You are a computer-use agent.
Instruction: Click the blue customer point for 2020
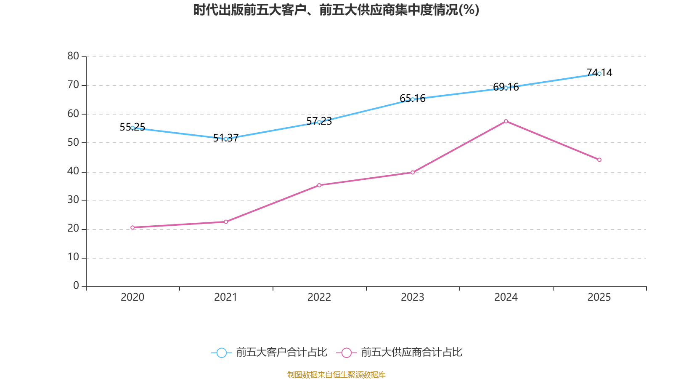click(132, 128)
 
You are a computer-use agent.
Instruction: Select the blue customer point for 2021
click(226, 139)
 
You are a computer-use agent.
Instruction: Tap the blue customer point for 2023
click(413, 99)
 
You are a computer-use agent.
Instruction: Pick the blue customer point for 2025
click(599, 74)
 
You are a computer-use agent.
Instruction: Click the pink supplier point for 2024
click(506, 121)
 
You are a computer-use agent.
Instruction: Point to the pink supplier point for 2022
click(319, 185)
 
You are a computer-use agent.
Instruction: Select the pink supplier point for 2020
click(132, 227)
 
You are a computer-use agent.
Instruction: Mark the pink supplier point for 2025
click(599, 160)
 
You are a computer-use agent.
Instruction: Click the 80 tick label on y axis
click(73, 56)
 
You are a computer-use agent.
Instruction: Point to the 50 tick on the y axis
click(73, 142)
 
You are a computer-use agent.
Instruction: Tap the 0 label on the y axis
click(76, 286)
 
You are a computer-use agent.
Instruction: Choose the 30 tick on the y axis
click(73, 200)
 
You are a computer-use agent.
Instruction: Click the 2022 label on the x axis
click(319, 297)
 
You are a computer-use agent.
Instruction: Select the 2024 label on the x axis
click(506, 297)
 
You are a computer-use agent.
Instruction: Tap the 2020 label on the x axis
click(132, 297)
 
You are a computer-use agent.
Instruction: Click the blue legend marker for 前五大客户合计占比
click(221, 352)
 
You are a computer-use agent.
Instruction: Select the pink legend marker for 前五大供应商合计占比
click(346, 352)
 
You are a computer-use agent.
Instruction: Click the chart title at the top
click(336, 10)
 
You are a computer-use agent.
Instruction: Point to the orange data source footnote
click(336, 374)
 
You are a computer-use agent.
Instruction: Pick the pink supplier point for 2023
click(413, 173)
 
